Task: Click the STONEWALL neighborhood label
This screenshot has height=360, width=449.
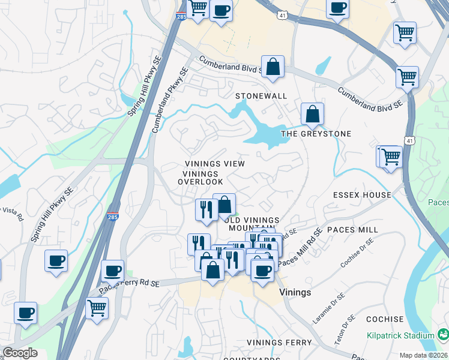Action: pos(261,96)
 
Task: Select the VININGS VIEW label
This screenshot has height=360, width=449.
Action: pos(215,164)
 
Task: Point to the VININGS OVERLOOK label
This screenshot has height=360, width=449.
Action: pos(203,178)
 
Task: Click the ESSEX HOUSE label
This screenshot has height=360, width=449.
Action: pos(362,195)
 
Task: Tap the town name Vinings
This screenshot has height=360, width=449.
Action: pos(295,292)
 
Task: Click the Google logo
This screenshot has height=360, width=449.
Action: pos(20,353)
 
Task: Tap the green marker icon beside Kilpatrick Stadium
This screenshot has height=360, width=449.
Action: pos(443,334)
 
